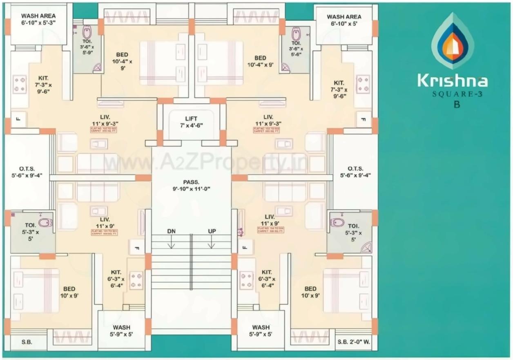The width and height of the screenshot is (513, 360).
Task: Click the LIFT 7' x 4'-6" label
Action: pyautogui.click(x=191, y=122)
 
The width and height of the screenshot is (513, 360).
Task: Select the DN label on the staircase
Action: pyautogui.click(x=172, y=231)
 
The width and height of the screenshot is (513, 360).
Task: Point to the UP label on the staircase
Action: pyautogui.click(x=212, y=231)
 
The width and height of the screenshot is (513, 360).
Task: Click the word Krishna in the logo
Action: pyautogui.click(x=452, y=80)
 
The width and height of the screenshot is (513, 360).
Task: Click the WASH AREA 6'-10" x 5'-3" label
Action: pyautogui.click(x=38, y=20)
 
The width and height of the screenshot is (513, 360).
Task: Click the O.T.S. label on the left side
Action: pyautogui.click(x=27, y=172)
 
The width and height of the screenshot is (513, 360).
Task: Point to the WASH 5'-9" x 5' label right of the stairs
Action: pyautogui.click(x=261, y=331)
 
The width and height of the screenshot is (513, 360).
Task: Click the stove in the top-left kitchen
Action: pyautogui.click(x=19, y=84)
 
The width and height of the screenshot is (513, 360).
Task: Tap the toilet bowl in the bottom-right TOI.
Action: pyautogui.click(x=337, y=222)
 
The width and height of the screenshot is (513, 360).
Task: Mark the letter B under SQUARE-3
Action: pyautogui.click(x=457, y=104)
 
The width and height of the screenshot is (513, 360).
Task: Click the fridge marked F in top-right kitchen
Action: pyautogui.click(x=364, y=119)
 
